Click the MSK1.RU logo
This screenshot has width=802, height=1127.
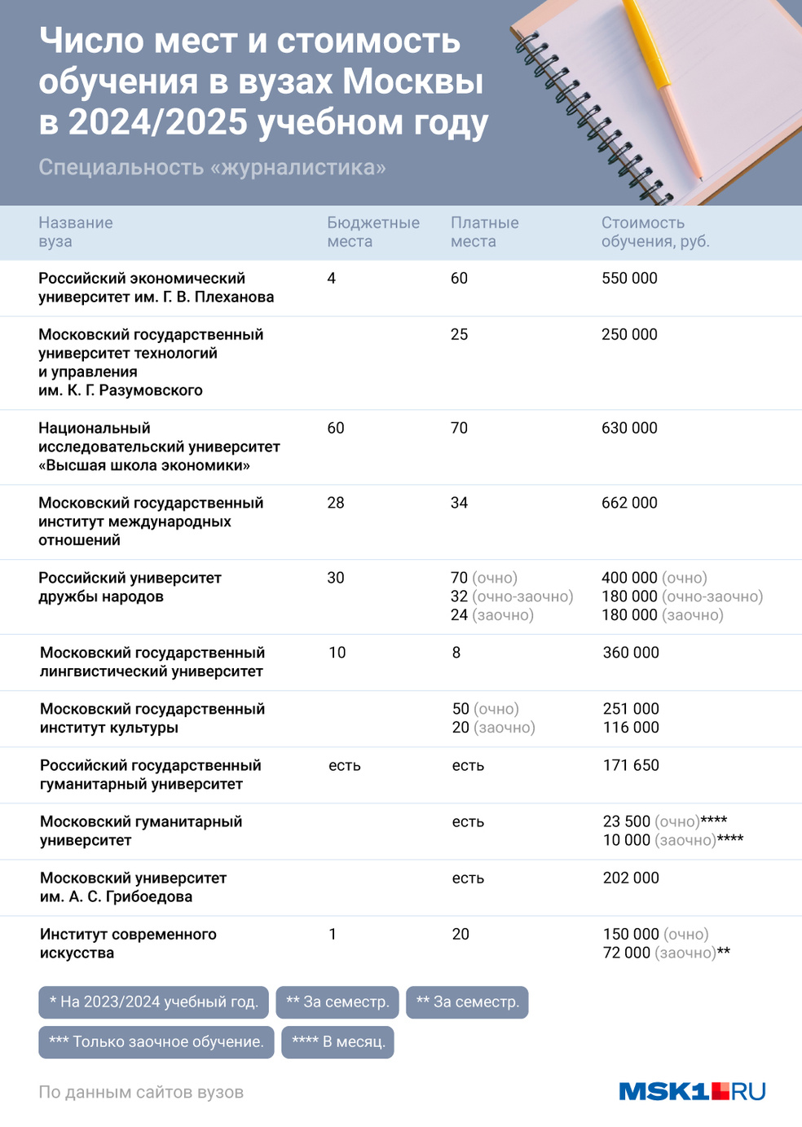pos(692,1091)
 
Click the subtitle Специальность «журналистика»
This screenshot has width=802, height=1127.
pos(212,167)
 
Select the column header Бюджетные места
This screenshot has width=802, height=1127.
pos(372,231)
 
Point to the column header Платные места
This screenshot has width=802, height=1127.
pos(484,231)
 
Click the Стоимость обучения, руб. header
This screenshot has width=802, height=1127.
pos(654,231)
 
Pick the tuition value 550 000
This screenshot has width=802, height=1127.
pos(629,278)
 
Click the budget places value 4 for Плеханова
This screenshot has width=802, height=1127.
pos(331,278)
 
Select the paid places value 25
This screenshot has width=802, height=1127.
pos(459,334)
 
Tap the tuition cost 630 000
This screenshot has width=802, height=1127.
pos(629,428)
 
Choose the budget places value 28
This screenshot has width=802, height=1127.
pos(336,503)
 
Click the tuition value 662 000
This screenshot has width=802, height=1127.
pos(629,503)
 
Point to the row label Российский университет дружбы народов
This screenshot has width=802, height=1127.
pos(130,587)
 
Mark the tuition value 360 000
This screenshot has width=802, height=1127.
pos(631,653)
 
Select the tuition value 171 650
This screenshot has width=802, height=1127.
pos(631,765)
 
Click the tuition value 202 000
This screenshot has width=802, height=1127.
pos(631,878)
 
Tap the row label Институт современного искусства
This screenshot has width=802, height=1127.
pos(128,944)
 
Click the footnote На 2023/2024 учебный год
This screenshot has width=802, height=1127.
pos(153,1002)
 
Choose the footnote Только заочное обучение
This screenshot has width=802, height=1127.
pos(156,1041)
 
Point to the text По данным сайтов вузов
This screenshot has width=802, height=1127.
pos(141,1092)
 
